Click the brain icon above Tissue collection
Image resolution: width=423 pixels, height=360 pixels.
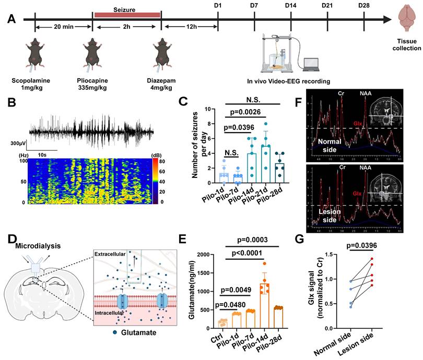pyautogui.click(x=408, y=19)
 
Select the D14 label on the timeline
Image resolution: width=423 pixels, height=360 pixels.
pyautogui.click(x=291, y=5)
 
